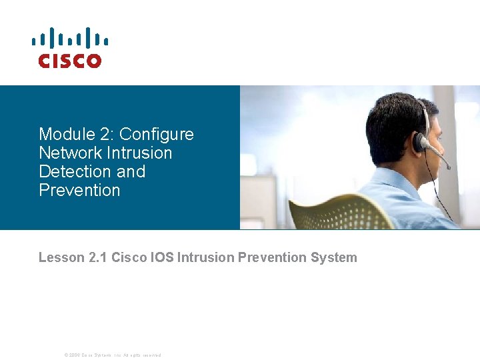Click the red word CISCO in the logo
[69, 61]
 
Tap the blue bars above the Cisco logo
[69, 39]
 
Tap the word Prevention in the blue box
[79, 190]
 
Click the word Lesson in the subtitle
[61, 257]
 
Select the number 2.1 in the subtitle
[97, 257]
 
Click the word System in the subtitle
[333, 257]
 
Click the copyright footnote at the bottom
[112, 355]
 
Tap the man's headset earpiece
[420, 142]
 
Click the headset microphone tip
[448, 166]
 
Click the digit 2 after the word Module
[99, 134]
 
